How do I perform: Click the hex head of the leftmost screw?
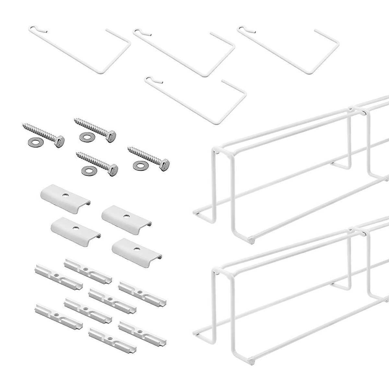tap(60, 140)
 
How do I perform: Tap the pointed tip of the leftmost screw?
tap(23, 124)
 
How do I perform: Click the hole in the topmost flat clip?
tap(66, 196)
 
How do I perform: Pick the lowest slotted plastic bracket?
tap(112, 339)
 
